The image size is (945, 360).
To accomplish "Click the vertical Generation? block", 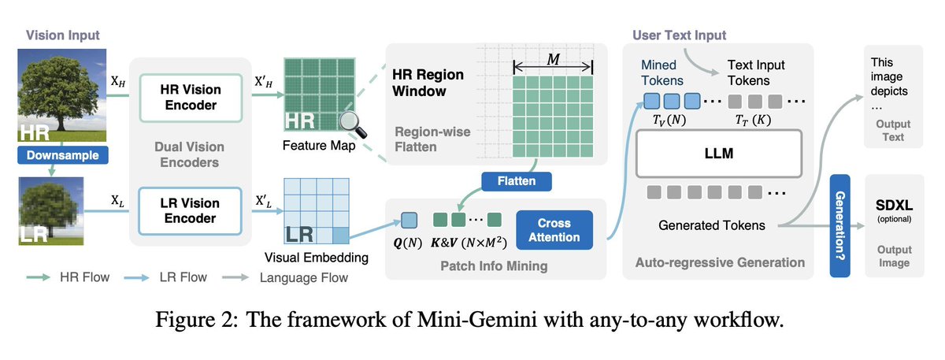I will [x=843, y=225].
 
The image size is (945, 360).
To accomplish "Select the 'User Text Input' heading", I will [x=680, y=35].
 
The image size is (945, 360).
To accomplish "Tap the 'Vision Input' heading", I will [x=63, y=35].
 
